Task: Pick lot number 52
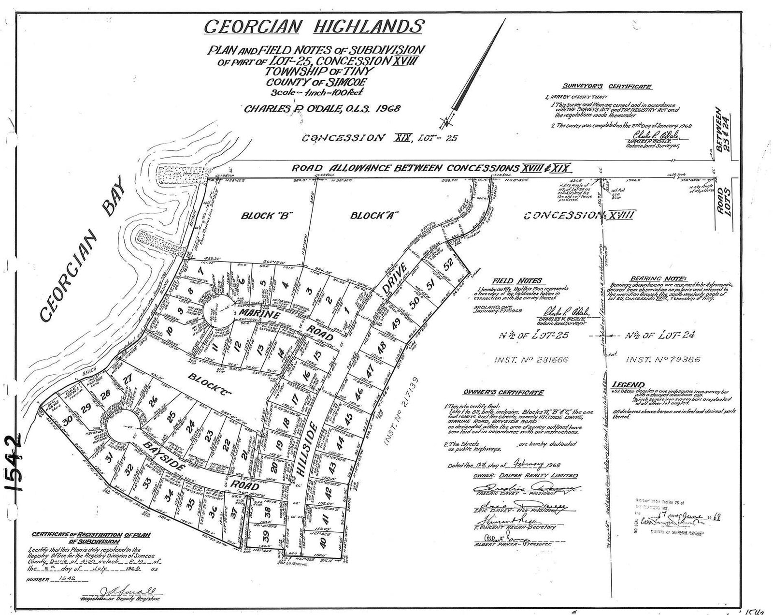point(448,264)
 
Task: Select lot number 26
point(154,401)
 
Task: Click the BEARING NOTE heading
point(651,279)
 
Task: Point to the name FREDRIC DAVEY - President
point(509,495)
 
